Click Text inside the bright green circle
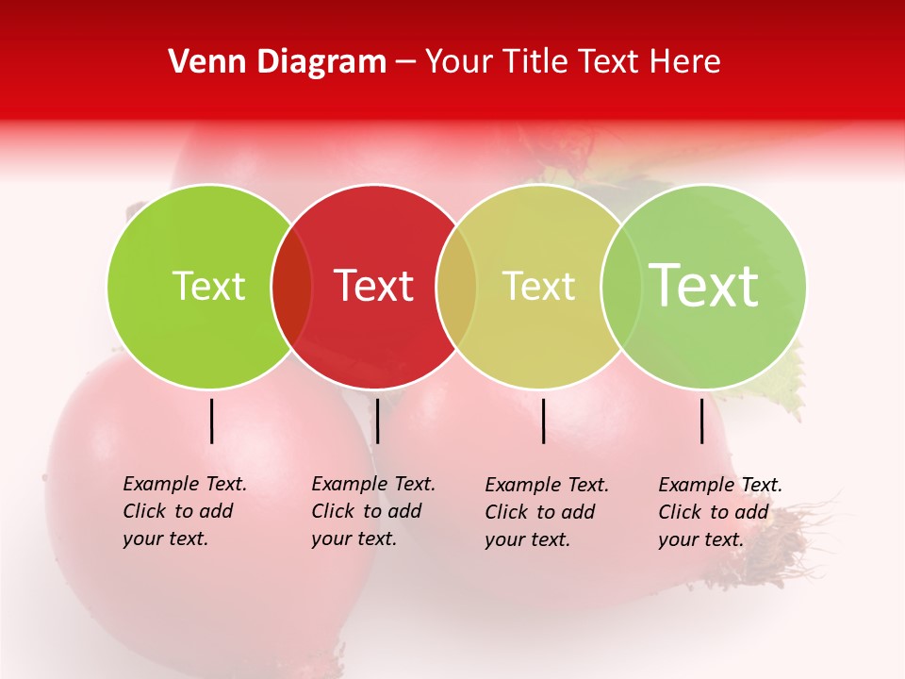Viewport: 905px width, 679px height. click(x=208, y=286)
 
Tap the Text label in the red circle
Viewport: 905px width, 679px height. click(x=374, y=286)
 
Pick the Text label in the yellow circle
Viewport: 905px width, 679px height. click(x=538, y=286)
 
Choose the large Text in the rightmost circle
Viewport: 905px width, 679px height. click(x=704, y=285)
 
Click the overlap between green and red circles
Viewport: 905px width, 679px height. click(x=291, y=287)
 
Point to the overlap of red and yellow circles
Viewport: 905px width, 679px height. click(x=456, y=287)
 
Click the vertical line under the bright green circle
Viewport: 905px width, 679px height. click(x=212, y=421)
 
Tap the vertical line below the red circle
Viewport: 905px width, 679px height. click(x=377, y=421)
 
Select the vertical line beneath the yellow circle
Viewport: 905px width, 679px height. click(x=544, y=421)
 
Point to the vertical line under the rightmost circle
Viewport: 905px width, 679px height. click(x=702, y=421)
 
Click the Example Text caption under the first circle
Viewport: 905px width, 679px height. click(x=184, y=511)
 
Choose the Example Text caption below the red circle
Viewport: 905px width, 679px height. click(x=372, y=511)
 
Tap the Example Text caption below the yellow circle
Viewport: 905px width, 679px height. click(x=546, y=512)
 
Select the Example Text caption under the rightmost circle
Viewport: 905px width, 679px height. click(x=719, y=512)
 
